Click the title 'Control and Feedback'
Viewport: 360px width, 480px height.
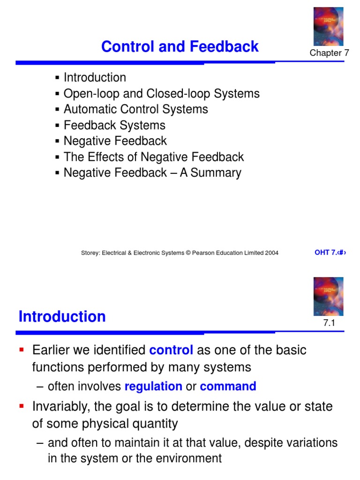tap(180, 46)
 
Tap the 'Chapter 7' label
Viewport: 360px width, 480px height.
tap(329, 52)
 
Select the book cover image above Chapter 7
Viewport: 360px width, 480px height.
tap(329, 26)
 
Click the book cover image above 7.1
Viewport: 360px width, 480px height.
tap(329, 296)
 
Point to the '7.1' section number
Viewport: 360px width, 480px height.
tap(329, 322)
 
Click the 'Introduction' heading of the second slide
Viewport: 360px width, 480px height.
tap(62, 316)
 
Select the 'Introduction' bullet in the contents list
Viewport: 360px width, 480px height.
tap(95, 77)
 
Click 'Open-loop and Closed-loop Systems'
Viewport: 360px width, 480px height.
tap(162, 93)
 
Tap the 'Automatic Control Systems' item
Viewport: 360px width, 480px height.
tap(136, 109)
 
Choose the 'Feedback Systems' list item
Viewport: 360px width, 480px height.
tap(114, 125)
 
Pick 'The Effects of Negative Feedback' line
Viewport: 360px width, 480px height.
tap(154, 157)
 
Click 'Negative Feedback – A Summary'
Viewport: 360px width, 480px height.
tap(152, 172)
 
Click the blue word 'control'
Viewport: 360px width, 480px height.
tap(171, 350)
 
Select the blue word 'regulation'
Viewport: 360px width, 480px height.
tap(153, 386)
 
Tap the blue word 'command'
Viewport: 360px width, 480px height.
tap(228, 386)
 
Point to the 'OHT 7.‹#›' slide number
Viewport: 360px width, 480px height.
tap(330, 253)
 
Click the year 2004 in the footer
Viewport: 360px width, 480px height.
tap(272, 253)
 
